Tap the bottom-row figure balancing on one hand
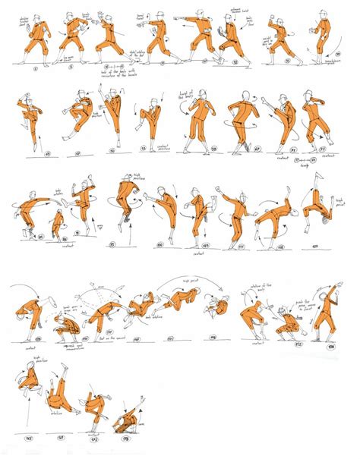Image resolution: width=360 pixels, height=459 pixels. point(96,410)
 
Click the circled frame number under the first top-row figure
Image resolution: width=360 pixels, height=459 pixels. point(26,68)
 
